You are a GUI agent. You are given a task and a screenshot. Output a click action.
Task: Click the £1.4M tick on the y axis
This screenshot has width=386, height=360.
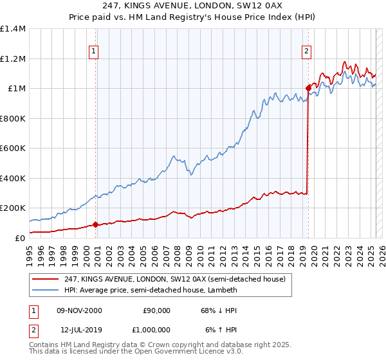coord(13,29)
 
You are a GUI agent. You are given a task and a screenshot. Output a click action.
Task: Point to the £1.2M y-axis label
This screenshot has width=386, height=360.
coord(13,59)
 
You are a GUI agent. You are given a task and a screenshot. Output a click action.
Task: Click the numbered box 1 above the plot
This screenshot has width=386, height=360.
coord(94,51)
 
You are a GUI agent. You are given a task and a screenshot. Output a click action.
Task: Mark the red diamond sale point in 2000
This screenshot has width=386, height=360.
coord(96,224)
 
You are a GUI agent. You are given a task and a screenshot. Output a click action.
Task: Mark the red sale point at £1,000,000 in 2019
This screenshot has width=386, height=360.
coord(308,88)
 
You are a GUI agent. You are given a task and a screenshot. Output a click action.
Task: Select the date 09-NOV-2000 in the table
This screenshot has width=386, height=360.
coord(80,310)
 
